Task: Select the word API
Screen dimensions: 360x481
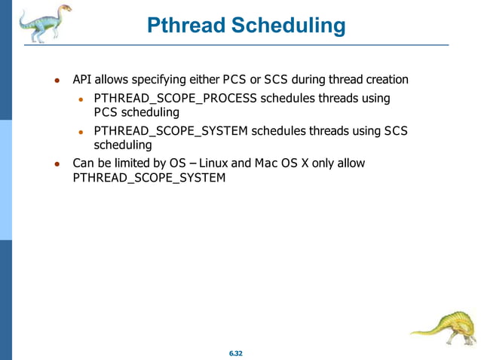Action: (x=81, y=79)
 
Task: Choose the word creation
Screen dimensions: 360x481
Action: (x=384, y=79)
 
